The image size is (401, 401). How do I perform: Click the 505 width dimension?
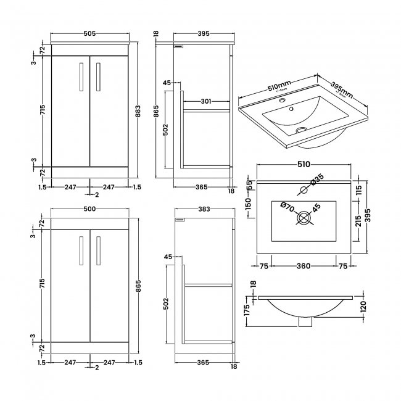click(x=90, y=34)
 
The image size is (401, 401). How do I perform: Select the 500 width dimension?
click(x=90, y=210)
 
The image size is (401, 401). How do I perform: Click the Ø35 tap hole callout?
click(x=317, y=180)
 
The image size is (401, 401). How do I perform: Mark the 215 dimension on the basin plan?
click(x=358, y=221)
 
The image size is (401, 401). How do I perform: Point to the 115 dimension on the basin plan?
click(x=358, y=192)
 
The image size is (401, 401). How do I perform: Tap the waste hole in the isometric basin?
click(x=302, y=130)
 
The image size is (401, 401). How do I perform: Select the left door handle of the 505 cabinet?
click(x=81, y=77)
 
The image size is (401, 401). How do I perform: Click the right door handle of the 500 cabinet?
click(x=98, y=250)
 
